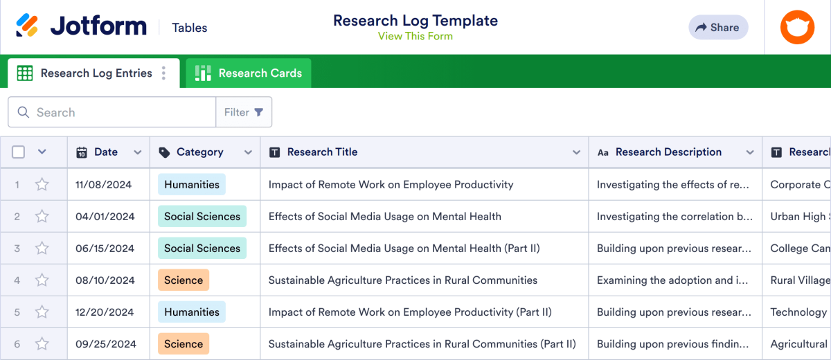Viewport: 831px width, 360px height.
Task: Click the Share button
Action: [x=718, y=28]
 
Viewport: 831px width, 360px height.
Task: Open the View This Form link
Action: [x=415, y=36]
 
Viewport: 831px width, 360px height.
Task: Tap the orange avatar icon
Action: [x=797, y=28]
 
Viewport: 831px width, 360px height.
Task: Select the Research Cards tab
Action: [x=249, y=73]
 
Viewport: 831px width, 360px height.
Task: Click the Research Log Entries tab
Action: [x=96, y=73]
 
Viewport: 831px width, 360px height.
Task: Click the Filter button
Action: [x=244, y=112]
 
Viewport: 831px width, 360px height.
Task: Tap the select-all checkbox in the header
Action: [x=19, y=152]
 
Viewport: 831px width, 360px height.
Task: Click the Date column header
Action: [x=106, y=152]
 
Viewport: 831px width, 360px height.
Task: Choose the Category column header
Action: [x=199, y=152]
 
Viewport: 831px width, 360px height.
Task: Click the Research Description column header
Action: [x=668, y=152]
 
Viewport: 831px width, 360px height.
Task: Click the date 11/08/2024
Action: [x=105, y=185]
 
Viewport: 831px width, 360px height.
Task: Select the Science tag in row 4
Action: [x=184, y=280]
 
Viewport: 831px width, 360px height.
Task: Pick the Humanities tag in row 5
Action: [x=192, y=312]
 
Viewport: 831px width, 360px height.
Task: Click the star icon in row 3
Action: [x=42, y=249]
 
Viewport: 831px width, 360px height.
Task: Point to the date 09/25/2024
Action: [x=105, y=344]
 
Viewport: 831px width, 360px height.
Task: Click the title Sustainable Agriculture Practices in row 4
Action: [x=402, y=280]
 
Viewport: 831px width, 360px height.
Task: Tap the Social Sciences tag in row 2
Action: [x=202, y=217]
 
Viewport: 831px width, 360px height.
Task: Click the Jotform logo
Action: [x=82, y=27]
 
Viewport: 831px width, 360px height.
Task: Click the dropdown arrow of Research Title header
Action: [x=576, y=152]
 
